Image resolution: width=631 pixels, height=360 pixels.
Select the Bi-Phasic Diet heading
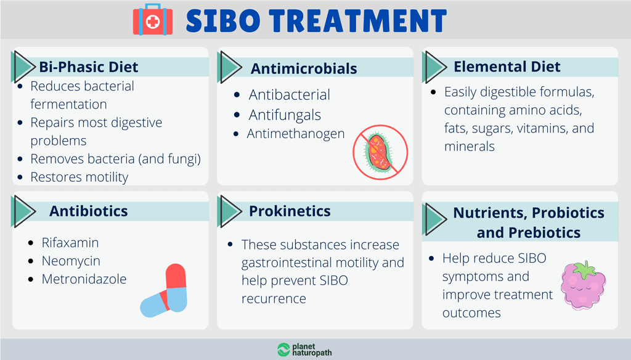click(x=89, y=67)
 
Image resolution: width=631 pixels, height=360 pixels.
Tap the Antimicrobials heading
click(x=304, y=68)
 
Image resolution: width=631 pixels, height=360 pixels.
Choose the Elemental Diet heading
click(x=507, y=67)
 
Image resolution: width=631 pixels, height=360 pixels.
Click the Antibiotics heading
click(x=89, y=211)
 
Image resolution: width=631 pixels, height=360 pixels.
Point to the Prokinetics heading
click(x=290, y=211)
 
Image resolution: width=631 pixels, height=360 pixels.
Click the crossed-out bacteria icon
click(x=380, y=152)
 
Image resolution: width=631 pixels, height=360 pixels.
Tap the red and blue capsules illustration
click(x=165, y=290)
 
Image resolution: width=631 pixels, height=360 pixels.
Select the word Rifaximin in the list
click(x=70, y=243)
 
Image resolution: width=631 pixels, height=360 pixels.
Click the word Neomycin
click(x=71, y=261)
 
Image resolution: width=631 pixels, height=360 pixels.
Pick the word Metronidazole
click(x=84, y=279)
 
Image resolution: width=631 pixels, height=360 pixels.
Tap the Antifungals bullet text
click(x=285, y=115)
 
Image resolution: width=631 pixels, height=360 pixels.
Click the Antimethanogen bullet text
click(x=296, y=133)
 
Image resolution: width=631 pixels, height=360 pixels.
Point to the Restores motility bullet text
click(x=79, y=178)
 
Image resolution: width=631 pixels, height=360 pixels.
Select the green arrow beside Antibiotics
click(x=23, y=211)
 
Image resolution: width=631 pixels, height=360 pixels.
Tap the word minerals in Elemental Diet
click(x=469, y=147)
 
